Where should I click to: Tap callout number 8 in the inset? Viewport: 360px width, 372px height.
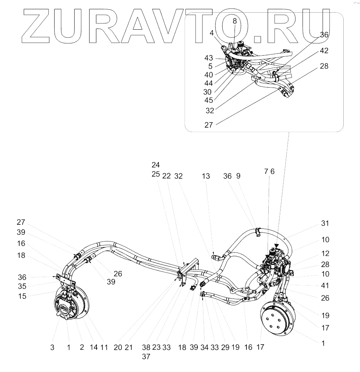[x=235, y=22]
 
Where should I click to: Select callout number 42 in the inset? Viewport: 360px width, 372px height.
[x=323, y=50]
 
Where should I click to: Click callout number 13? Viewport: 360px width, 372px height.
[x=206, y=177]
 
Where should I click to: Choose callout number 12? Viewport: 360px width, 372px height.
[x=325, y=254]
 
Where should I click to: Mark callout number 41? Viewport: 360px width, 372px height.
[x=325, y=286]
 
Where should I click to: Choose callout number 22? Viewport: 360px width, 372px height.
[x=167, y=177]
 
